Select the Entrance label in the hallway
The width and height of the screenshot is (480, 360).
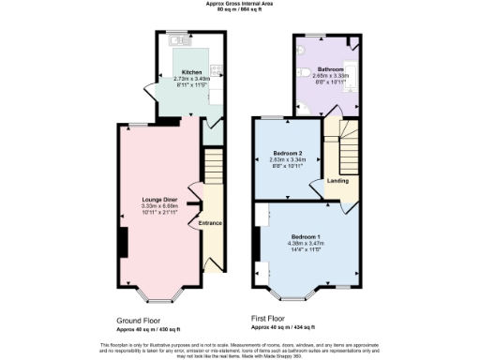coord(210,224)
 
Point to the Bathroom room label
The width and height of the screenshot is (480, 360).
coord(330,69)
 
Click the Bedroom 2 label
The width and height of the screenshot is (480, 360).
coord(287,153)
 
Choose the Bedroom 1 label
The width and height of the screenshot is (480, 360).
coord(305,236)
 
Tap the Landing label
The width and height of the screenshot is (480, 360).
coord(338,181)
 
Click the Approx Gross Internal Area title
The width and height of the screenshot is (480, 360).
coord(239,4)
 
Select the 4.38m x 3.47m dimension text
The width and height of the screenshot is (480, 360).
coord(305,244)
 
